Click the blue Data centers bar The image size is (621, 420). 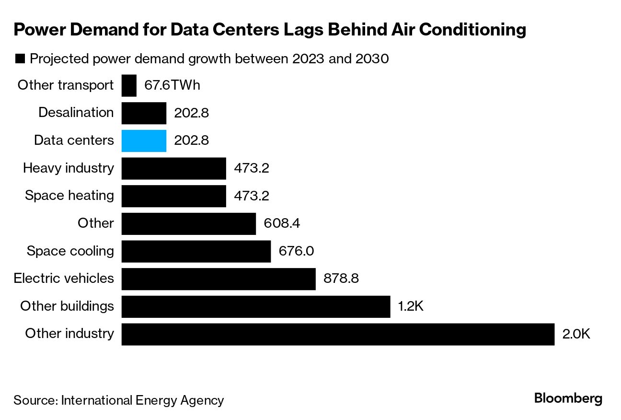[x=144, y=141]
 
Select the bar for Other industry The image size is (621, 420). [x=338, y=334]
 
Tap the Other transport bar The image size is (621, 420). [x=129, y=86]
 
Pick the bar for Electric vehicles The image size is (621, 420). [x=218, y=279]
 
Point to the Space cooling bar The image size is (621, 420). [x=196, y=251]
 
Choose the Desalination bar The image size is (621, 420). [x=144, y=113]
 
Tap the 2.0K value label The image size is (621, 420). [x=576, y=334]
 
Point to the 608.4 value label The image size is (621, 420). [x=282, y=223]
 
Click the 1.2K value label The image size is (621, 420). [x=411, y=306]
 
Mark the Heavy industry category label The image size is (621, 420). [x=69, y=168]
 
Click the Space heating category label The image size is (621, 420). [x=69, y=196]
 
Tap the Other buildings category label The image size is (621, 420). [x=67, y=306]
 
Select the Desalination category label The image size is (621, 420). [x=76, y=113]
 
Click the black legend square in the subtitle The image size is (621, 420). [x=20, y=59]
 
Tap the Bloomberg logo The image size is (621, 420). [x=568, y=399]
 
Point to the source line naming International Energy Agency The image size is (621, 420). [x=118, y=400]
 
